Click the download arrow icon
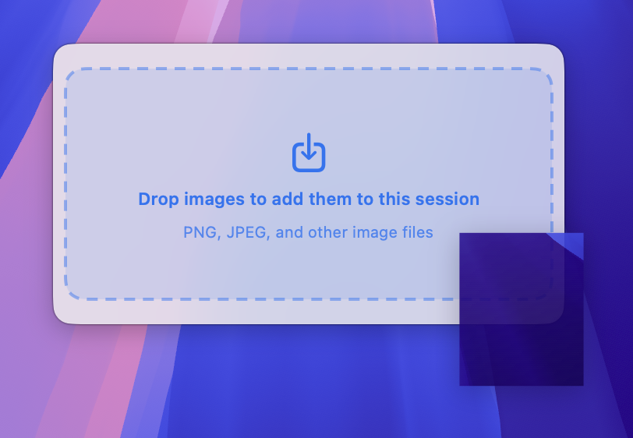pos(309,153)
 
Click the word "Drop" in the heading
pos(157,200)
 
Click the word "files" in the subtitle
pos(416,232)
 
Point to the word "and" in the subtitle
pos(290,232)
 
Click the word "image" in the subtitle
pos(373,232)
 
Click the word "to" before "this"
pos(365,200)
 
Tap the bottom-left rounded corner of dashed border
pos(72,291)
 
